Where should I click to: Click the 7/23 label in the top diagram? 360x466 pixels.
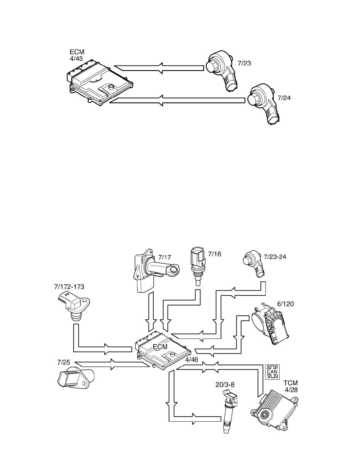244,63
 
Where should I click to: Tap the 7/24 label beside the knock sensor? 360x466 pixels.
284,98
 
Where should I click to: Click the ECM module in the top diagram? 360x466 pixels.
99,84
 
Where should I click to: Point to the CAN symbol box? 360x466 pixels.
272,371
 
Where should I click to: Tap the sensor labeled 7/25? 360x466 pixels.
75,377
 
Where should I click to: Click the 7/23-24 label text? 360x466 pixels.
275,257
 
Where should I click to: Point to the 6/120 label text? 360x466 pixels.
285,304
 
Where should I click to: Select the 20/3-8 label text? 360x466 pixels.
225,384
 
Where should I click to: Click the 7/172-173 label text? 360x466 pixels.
69,287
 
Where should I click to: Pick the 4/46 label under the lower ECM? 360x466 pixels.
191,360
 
